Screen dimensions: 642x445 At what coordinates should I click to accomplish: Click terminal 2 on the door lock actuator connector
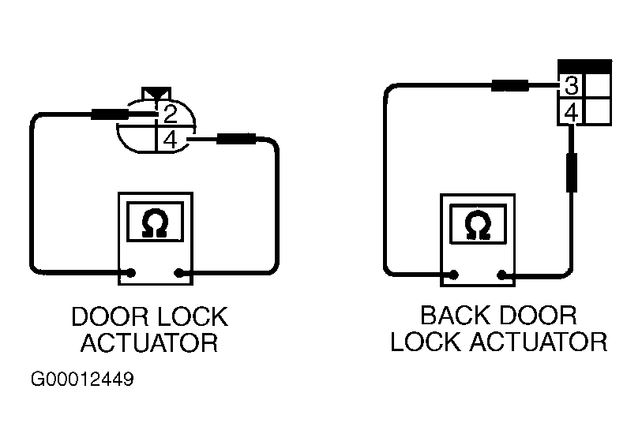[171, 114]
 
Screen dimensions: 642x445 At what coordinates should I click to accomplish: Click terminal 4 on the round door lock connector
[171, 140]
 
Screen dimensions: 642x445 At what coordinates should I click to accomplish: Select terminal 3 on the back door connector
[571, 85]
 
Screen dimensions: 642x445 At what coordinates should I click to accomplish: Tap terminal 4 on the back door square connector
[571, 113]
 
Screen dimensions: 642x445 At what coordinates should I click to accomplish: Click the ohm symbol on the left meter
[156, 223]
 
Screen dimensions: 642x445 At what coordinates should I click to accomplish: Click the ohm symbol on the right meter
[478, 225]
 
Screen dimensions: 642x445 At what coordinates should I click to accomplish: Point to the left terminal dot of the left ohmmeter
[131, 273]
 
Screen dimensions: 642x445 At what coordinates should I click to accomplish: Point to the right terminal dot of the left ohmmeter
[179, 273]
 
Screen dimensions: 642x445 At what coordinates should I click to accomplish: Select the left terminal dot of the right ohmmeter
[453, 275]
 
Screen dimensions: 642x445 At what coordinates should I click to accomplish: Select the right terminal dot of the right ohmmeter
[501, 275]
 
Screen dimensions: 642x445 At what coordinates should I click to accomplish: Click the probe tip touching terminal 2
[124, 114]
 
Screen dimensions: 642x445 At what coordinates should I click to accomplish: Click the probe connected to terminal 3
[525, 86]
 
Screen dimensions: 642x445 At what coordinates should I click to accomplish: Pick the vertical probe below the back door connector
[572, 159]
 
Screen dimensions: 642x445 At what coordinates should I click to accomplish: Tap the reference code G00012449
[82, 380]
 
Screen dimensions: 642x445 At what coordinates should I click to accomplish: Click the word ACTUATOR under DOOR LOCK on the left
[149, 342]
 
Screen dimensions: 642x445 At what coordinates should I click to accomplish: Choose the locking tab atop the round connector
[156, 94]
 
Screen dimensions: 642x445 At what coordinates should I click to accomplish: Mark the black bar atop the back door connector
[585, 66]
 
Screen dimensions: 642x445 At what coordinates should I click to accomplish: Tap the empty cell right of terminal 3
[597, 85]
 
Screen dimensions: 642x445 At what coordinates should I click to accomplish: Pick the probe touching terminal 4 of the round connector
[222, 139]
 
